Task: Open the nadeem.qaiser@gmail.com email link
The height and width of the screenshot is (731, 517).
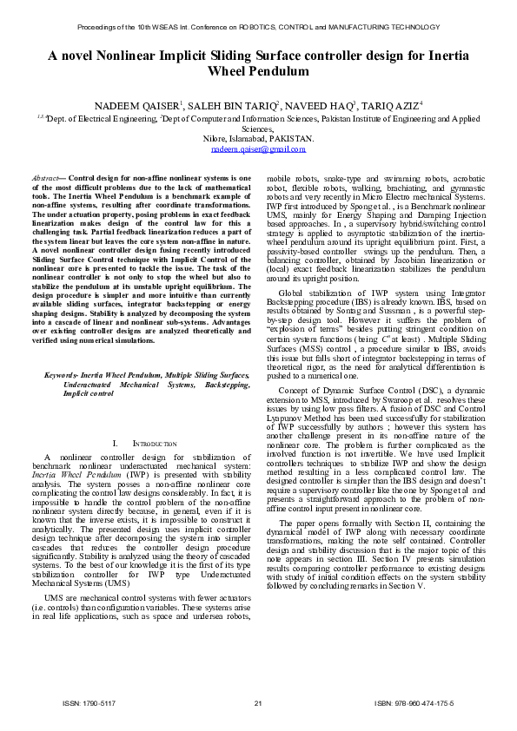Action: pos(258,149)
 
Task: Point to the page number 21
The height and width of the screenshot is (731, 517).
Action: pos(258,702)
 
